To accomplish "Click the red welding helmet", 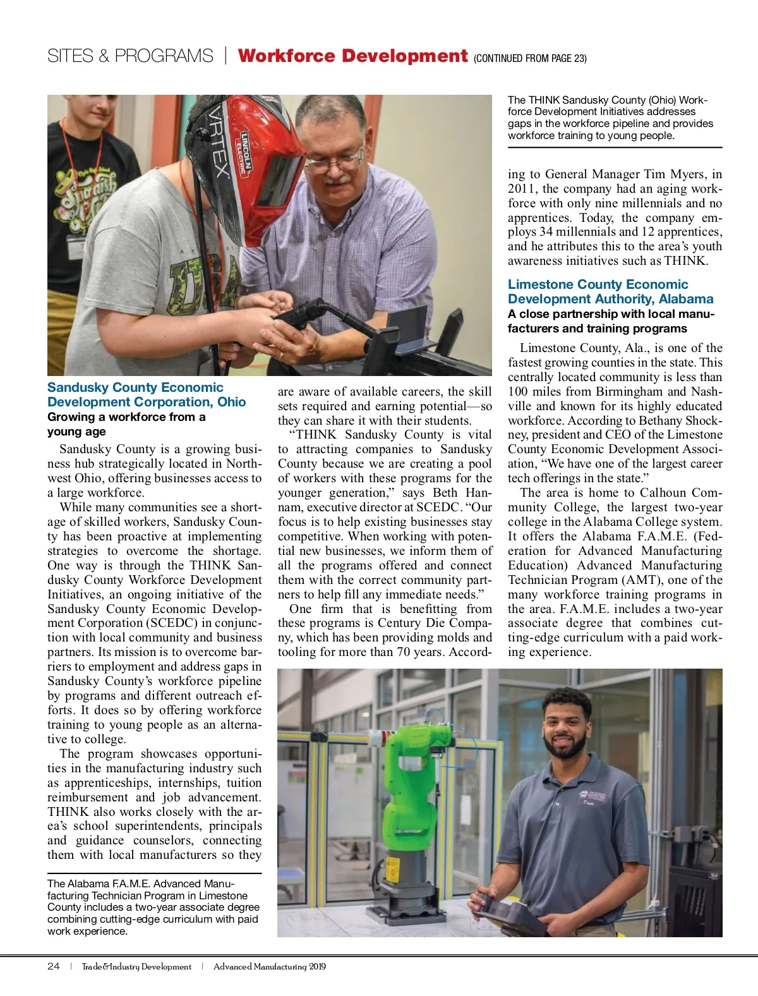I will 253,164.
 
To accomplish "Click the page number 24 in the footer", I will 54,966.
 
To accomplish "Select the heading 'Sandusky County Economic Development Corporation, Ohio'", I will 146,395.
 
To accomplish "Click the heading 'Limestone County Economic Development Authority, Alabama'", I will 610,291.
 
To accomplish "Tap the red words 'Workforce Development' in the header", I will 352,56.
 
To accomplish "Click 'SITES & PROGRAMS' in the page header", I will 130,56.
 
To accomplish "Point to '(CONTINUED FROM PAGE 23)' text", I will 530,59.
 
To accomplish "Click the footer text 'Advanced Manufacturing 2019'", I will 270,966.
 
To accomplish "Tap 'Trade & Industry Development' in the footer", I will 136,966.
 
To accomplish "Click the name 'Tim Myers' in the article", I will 675,174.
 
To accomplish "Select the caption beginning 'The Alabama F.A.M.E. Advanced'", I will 153,907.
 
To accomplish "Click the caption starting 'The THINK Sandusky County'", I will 610,118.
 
